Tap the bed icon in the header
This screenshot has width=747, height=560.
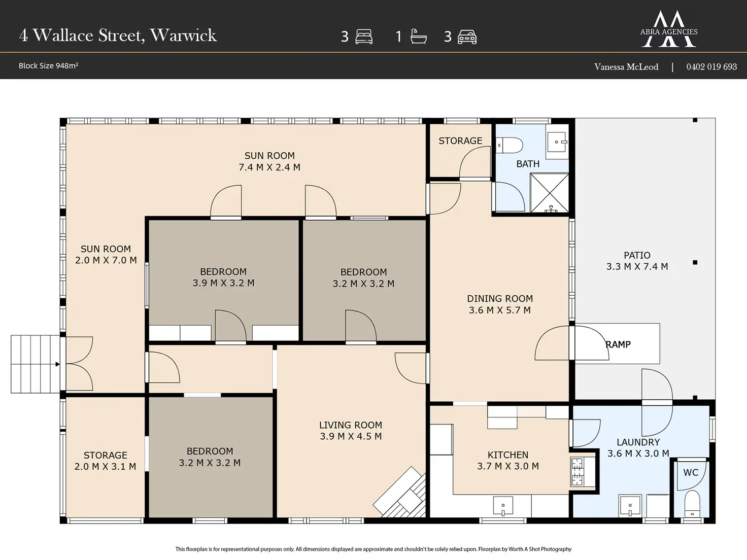click(x=364, y=37)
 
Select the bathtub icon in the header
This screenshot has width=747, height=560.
click(x=418, y=37)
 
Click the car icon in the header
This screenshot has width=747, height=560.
click(x=467, y=37)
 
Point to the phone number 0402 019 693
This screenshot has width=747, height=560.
click(x=711, y=66)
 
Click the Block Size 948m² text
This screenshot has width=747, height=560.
click(x=48, y=65)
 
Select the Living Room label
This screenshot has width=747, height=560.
click(x=351, y=425)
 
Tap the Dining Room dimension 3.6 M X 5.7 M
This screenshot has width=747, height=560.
click(x=499, y=310)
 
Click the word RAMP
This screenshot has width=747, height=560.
click(x=618, y=344)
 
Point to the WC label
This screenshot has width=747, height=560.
click(x=691, y=472)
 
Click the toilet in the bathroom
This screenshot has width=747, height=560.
click(x=509, y=145)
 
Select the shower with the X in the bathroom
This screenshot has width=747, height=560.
click(x=549, y=193)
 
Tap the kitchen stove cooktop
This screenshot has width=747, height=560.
click(x=578, y=472)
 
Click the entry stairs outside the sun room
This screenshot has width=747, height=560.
click(x=36, y=364)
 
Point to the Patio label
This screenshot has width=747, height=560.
click(x=637, y=255)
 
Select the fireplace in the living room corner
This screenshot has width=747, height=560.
click(x=400, y=493)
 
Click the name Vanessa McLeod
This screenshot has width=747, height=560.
click(x=626, y=66)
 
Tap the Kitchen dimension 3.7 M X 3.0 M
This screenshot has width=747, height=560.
click(x=508, y=466)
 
